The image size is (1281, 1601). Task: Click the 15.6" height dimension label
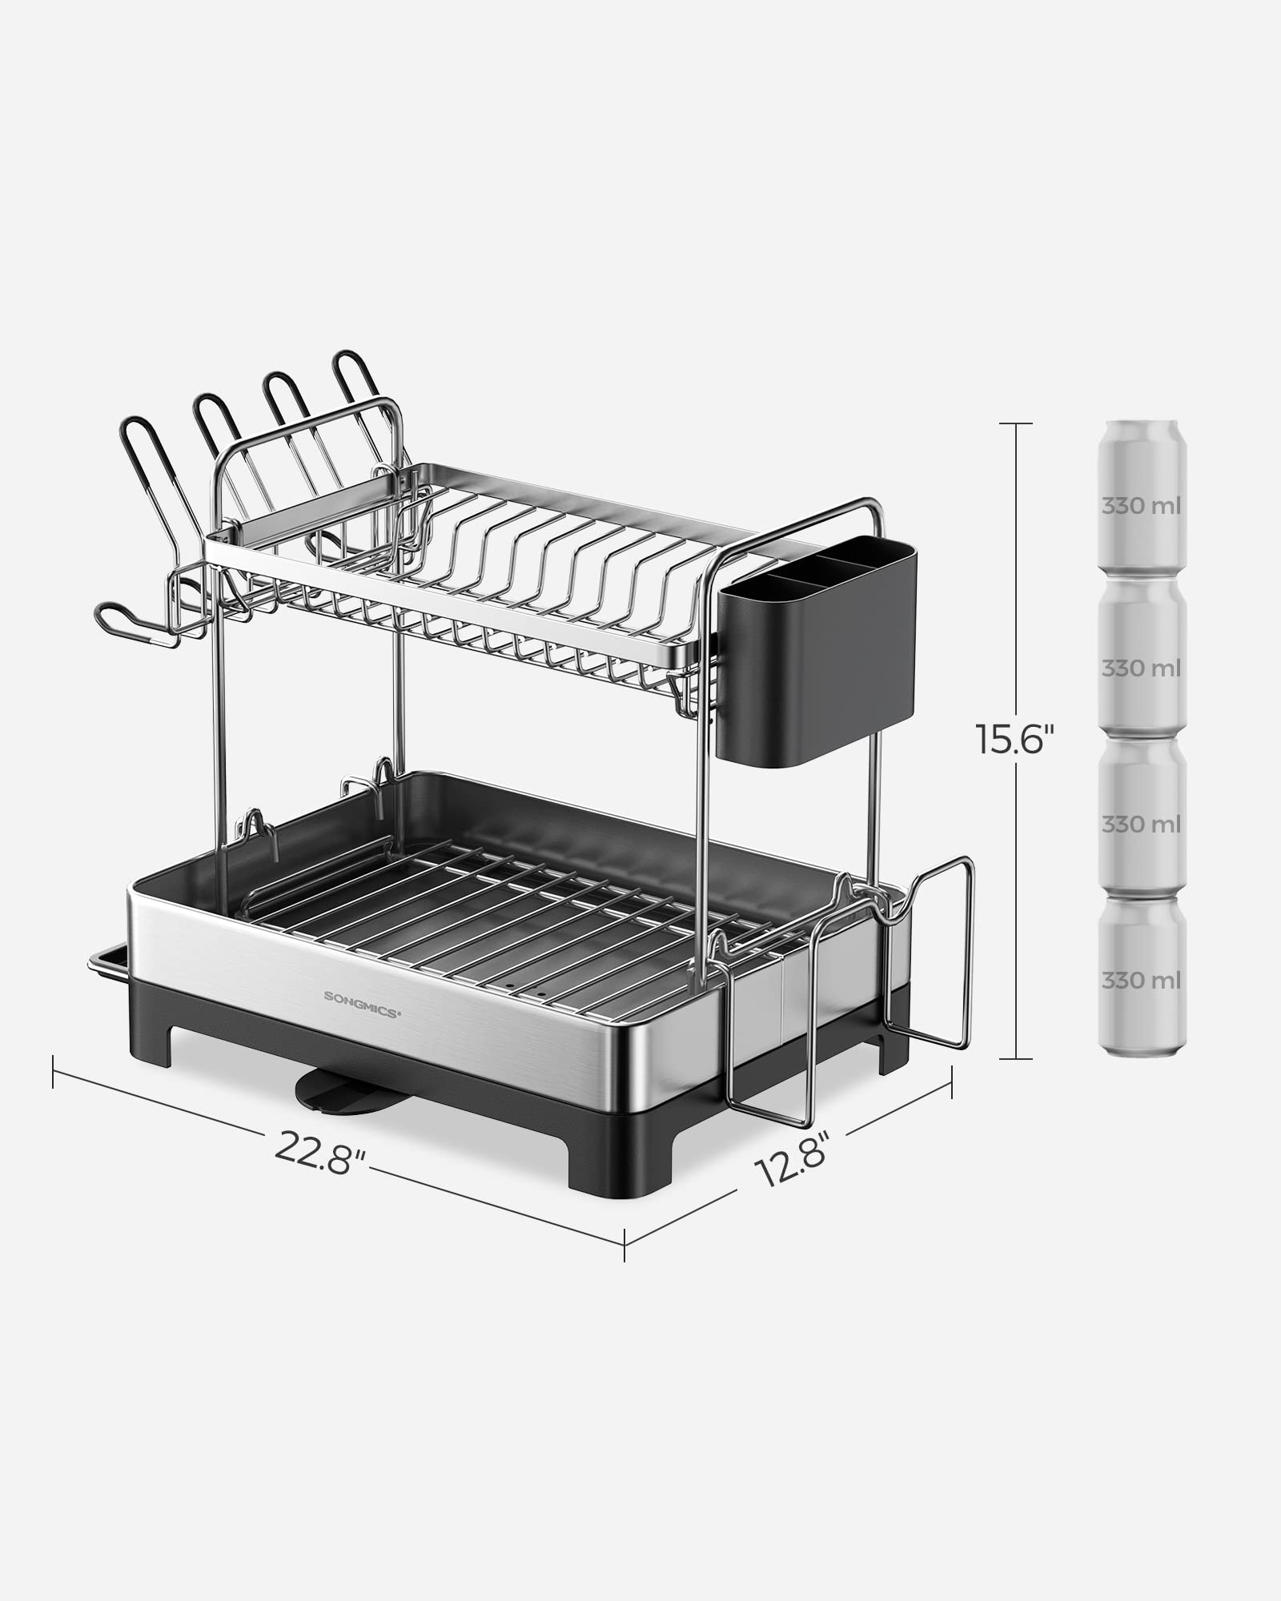pyautogui.click(x=1010, y=737)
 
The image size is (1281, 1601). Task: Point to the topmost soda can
pyautogui.click(x=1141, y=496)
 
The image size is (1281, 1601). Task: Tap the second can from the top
pyautogui.click(x=1141, y=656)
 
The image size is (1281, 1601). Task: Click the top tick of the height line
pyautogui.click(x=1016, y=423)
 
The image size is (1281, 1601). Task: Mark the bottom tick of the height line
pyautogui.click(x=1016, y=1058)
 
